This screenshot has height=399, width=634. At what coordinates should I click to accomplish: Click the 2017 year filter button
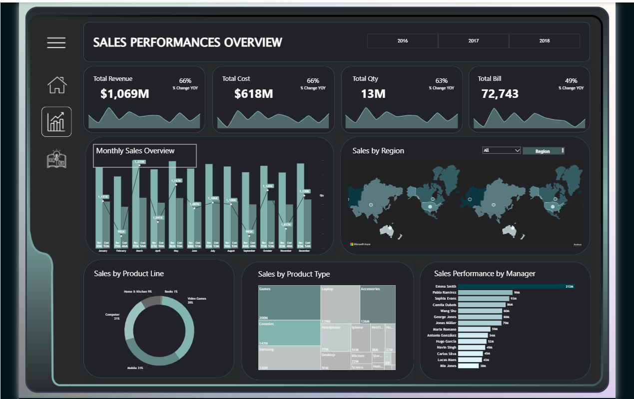[473, 41]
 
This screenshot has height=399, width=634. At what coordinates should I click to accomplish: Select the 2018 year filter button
[544, 41]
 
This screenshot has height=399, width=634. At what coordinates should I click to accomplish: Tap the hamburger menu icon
[56, 43]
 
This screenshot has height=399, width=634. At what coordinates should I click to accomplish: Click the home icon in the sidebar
[56, 85]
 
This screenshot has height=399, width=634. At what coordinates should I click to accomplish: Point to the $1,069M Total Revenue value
[124, 93]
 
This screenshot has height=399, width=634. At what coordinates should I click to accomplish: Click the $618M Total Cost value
[253, 93]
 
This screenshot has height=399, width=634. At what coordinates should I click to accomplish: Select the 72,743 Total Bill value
[500, 93]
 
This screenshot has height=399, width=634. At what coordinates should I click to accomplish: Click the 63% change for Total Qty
[441, 80]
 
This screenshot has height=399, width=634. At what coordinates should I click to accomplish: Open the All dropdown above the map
[502, 150]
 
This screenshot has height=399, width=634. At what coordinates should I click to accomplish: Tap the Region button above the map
[543, 151]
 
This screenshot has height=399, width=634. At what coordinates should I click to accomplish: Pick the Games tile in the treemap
[289, 303]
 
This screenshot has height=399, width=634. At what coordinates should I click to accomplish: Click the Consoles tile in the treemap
[289, 333]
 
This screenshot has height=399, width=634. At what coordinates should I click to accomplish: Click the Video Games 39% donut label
[197, 301]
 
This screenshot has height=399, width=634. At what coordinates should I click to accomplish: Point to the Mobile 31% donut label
[135, 368]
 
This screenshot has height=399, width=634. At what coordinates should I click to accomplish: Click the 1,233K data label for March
[139, 162]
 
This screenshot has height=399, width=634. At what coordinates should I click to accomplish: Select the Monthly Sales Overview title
[135, 151]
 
